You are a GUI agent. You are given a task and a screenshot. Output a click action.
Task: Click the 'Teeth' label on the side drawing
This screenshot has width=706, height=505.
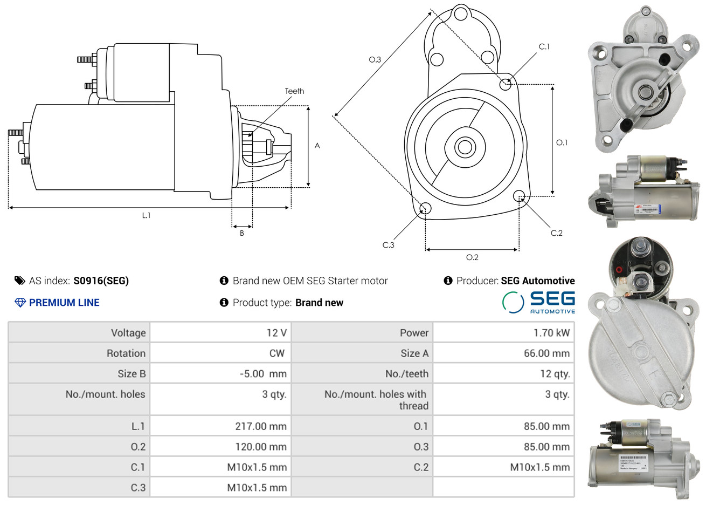[x=294, y=91]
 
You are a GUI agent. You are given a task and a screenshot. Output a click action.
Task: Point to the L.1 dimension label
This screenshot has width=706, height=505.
[x=146, y=215]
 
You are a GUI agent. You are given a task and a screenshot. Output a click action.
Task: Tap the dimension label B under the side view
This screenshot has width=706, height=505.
[x=242, y=233]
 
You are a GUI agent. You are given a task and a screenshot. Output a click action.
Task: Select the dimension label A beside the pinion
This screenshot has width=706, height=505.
[x=317, y=146]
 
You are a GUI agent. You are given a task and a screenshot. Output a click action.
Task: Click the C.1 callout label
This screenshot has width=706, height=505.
[x=544, y=46]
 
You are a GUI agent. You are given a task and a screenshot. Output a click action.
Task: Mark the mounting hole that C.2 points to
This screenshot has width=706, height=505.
[x=520, y=195]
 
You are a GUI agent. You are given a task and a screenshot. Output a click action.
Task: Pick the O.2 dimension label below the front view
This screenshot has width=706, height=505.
[x=472, y=257]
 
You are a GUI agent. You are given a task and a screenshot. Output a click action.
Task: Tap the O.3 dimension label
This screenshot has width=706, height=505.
[x=375, y=59]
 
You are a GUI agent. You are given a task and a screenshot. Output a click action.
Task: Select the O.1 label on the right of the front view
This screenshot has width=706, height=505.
[x=562, y=142]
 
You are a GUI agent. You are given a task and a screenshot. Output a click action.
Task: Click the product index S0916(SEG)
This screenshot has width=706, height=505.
[x=101, y=281]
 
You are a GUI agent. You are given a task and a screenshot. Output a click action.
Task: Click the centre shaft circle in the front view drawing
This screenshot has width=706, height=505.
[x=463, y=146]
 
